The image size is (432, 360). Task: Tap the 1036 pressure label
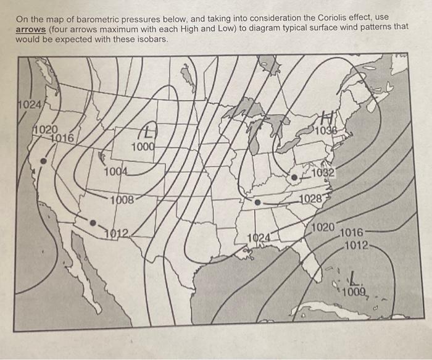[325, 131]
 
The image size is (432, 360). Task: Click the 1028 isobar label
[312, 198]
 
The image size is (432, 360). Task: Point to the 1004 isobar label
[116, 172]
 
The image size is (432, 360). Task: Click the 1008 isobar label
[122, 199]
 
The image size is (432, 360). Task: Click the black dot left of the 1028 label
[258, 202]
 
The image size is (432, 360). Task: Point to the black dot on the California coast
[43, 161]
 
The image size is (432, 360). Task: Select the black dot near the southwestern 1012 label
[93, 223]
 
